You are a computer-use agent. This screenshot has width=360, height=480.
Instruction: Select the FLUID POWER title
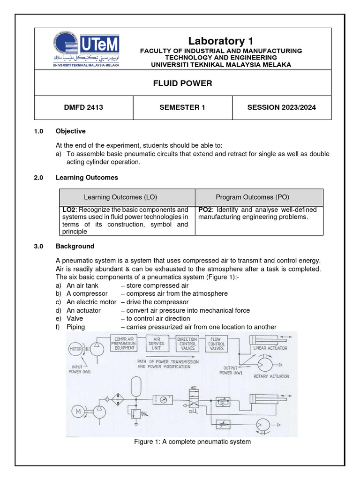[183, 83]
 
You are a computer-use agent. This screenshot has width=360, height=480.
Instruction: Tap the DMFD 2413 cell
[83, 107]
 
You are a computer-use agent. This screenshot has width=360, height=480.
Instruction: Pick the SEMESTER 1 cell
[182, 107]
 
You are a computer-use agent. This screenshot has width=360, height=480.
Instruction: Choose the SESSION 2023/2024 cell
[281, 107]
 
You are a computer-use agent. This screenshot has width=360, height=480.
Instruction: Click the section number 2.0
[38, 178]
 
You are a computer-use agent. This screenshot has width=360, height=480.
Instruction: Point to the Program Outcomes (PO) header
[259, 197]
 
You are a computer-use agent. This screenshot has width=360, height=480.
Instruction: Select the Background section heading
[75, 246]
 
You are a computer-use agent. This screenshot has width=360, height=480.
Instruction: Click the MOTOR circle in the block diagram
[76, 349]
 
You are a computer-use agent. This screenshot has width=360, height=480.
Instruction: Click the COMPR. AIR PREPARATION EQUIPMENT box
[123, 343]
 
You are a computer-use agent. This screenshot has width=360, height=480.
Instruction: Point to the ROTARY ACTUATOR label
[271, 376]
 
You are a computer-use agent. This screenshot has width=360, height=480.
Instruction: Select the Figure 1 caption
[193, 442]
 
